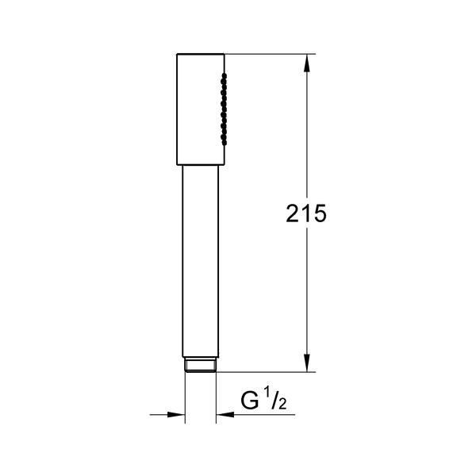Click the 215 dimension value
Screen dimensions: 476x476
[306, 213]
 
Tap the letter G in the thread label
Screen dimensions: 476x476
[250, 400]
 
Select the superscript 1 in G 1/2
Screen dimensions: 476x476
[267, 394]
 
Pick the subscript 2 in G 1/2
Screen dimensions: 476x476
[282, 404]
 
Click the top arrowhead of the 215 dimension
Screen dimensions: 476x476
[307, 63]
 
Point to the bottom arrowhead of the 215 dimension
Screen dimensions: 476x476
[307, 363]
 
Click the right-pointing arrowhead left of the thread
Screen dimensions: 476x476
[176, 414]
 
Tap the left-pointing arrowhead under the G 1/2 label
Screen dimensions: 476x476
[225, 414]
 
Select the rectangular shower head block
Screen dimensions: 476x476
[201, 109]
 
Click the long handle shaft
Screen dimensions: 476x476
[201, 261]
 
